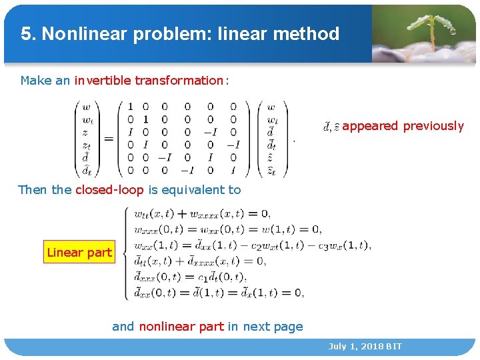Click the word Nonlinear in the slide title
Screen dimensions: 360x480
(x=79, y=34)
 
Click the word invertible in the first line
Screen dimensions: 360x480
(x=103, y=81)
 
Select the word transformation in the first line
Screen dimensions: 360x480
(x=179, y=81)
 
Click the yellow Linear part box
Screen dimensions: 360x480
(x=79, y=253)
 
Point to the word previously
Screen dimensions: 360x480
(x=433, y=126)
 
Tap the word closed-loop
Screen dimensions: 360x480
(x=109, y=189)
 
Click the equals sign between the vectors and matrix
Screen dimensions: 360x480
(x=107, y=139)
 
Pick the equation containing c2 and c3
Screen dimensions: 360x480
(x=253, y=245)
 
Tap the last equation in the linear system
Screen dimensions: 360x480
(x=219, y=292)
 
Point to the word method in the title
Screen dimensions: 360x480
(x=309, y=34)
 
